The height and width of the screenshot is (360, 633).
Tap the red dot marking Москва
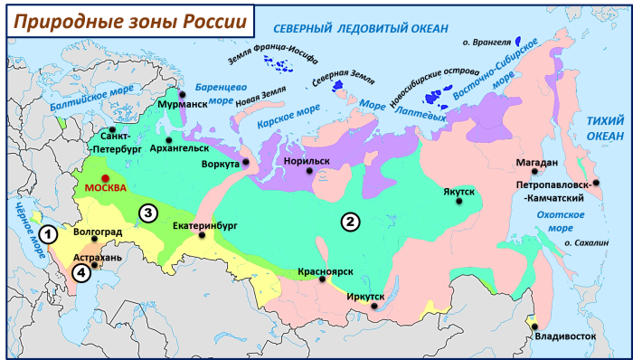(107, 178)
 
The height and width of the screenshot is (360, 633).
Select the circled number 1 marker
(51, 234)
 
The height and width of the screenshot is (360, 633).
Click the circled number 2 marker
(349, 220)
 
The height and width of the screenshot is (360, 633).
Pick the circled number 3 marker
(147, 213)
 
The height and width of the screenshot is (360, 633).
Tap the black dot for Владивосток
(534, 327)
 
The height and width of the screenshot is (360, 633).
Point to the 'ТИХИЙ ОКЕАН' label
(606, 128)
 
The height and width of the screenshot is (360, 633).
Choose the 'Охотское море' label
(559, 222)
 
